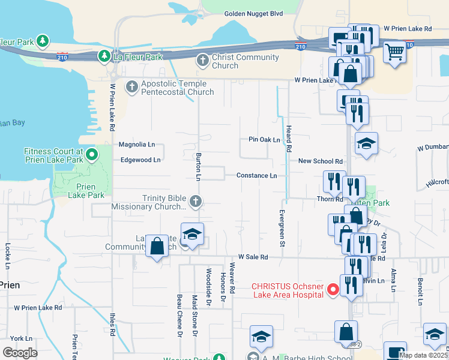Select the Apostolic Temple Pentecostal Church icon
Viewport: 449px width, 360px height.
tap(132, 87)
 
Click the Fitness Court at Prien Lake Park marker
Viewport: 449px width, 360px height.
tap(91, 156)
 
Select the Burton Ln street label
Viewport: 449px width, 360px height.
tap(198, 167)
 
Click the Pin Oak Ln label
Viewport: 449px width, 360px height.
tap(264, 140)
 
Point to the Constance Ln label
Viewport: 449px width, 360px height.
tap(256, 176)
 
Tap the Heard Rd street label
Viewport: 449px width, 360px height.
tap(289, 139)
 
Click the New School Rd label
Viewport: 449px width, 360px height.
tap(321, 161)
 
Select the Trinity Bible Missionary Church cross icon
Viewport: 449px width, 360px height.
tap(195, 202)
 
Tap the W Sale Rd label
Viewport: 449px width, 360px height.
tap(253, 256)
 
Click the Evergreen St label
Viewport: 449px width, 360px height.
tap(281, 229)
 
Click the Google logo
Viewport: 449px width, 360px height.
tap(20, 353)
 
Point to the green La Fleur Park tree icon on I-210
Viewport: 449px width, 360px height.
tap(104, 56)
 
